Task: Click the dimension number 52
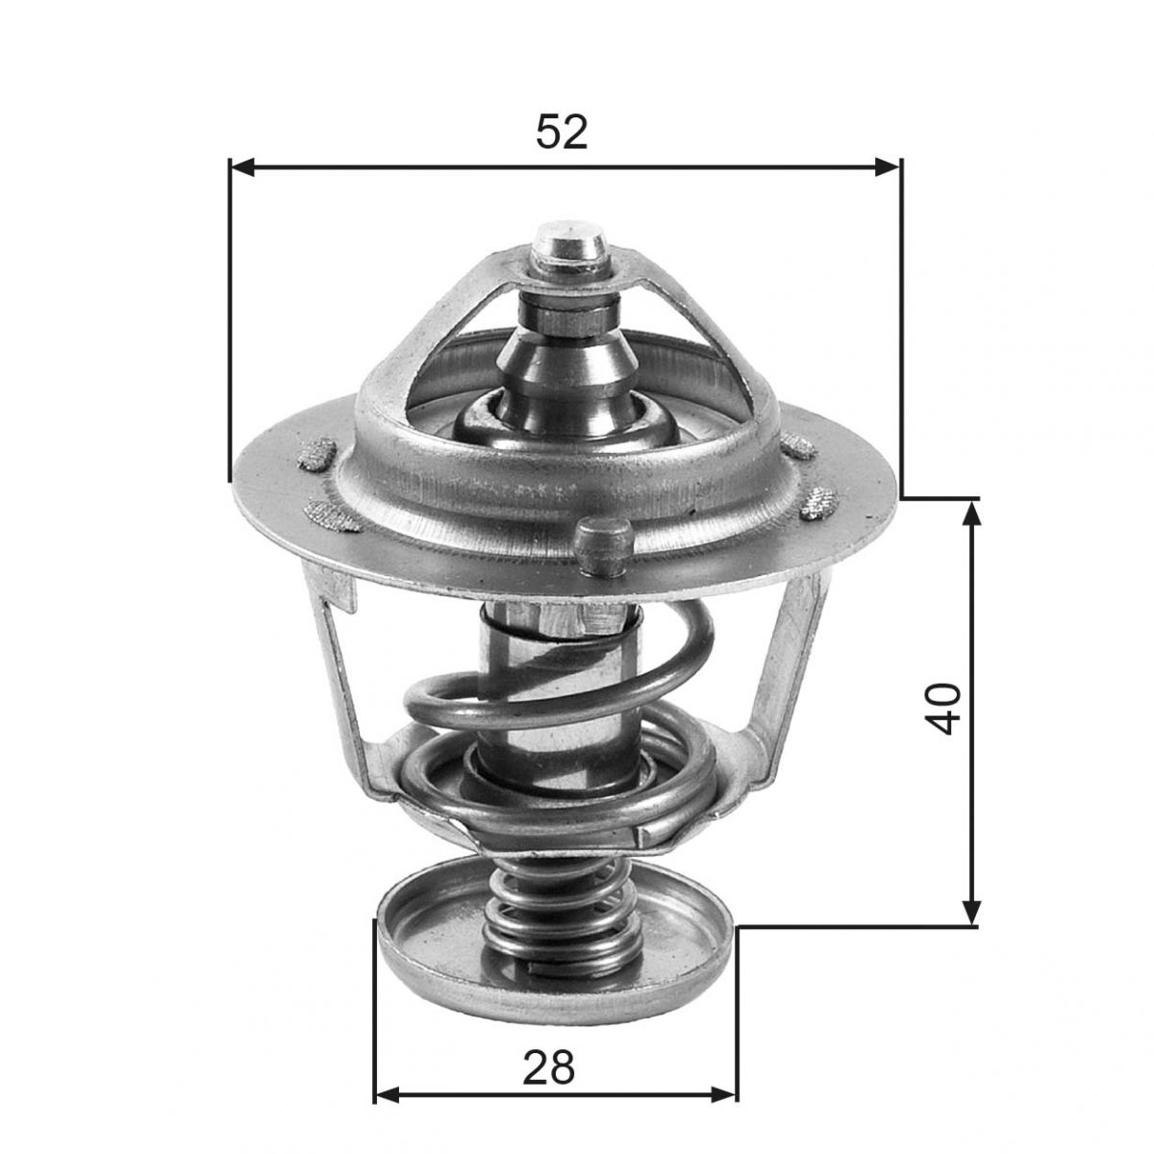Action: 562,132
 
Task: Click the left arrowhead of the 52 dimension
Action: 242,167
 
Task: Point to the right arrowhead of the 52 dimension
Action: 888,167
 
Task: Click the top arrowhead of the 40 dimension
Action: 971,514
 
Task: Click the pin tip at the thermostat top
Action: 570,244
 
